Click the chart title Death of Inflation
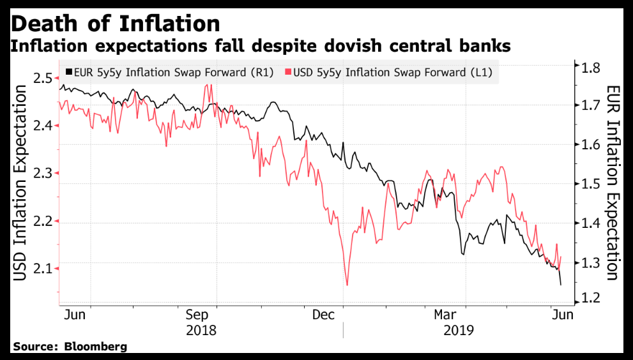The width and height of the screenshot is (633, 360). (116, 23)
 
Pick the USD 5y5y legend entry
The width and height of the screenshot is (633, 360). (390, 72)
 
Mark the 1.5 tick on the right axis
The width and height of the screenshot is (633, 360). (590, 184)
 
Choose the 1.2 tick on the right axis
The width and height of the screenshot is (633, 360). (590, 298)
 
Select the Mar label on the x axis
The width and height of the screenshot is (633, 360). (445, 314)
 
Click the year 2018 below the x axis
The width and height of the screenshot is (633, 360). (201, 330)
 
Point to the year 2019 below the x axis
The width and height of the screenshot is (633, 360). (457, 330)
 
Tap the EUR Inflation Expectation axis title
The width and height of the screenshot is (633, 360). (613, 183)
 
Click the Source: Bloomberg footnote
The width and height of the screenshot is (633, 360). (70, 347)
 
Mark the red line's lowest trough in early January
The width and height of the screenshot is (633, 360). (347, 285)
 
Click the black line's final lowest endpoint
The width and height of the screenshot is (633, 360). (561, 285)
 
